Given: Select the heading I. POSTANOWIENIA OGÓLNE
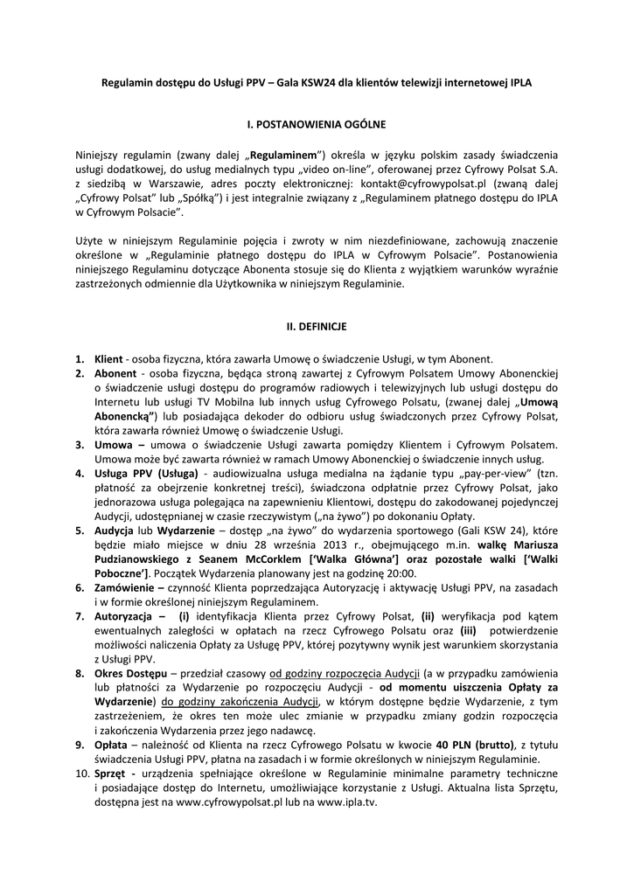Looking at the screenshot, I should click(x=317, y=125).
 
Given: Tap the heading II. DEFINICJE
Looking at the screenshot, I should click(x=317, y=326).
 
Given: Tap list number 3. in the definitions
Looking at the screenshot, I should click(x=80, y=444).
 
